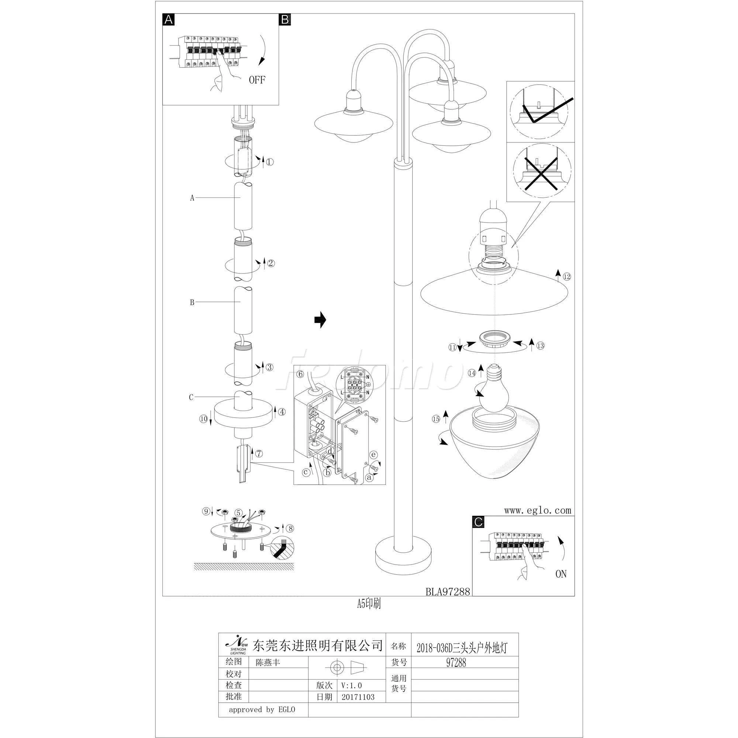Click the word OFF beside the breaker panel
tap(257, 80)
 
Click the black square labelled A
tap(169, 20)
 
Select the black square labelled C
tap(478, 522)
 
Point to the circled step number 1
tap(270, 162)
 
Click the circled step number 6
tap(300, 374)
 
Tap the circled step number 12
tap(567, 276)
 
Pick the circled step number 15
tap(436, 419)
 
